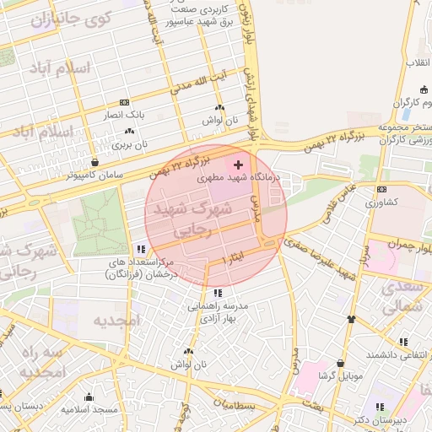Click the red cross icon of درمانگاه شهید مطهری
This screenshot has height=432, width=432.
(x=238, y=164)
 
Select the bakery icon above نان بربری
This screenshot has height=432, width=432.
(x=129, y=131)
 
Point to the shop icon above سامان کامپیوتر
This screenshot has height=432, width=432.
(x=94, y=161)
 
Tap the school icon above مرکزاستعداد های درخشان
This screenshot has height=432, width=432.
(x=141, y=249)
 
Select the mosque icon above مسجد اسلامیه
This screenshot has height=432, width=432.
(x=89, y=397)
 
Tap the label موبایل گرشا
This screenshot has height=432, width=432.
(x=339, y=375)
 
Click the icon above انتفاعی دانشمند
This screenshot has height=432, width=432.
(x=403, y=342)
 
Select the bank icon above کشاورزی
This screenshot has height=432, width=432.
(x=381, y=189)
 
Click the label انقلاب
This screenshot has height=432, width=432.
(x=418, y=63)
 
